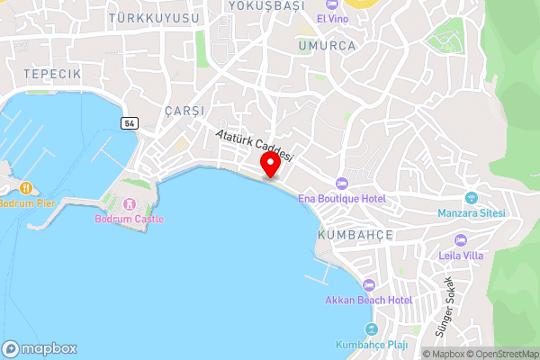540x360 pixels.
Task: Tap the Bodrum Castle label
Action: point(122,219)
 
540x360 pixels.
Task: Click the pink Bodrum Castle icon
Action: point(129,204)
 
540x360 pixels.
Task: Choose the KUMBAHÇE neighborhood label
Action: point(355,234)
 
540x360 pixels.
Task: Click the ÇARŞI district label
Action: point(184,110)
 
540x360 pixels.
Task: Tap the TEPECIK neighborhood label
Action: point(52,73)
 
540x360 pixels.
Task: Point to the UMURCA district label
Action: point(328,45)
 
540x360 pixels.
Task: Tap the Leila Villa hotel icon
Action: point(461,240)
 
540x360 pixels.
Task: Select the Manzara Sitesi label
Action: point(472,213)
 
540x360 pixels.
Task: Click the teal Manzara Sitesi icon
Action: point(471,198)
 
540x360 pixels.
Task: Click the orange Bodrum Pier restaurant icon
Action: point(26,188)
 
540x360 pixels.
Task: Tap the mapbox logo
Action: point(40,348)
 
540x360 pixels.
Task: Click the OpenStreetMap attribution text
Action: point(502,354)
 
